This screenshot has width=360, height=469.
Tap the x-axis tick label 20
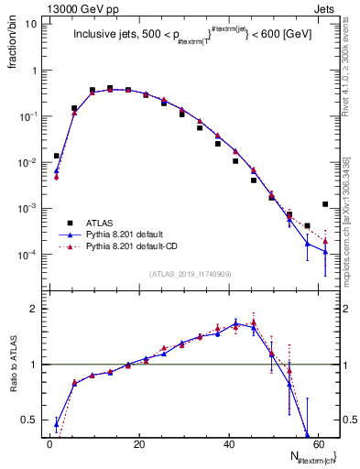[x=139, y=443]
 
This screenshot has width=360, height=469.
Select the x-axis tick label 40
[x=229, y=443]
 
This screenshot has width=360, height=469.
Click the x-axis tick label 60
[x=319, y=443]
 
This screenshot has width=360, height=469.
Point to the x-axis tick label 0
[x=49, y=443]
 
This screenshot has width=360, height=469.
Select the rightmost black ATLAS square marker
[x=325, y=204]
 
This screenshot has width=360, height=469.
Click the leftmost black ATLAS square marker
[x=57, y=156]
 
